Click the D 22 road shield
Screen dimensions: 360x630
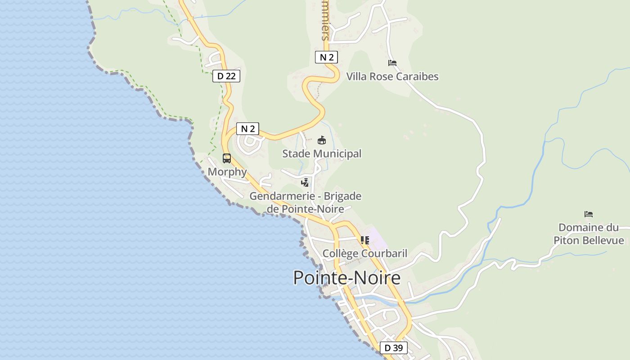click(226, 76)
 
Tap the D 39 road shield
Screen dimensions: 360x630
click(394, 348)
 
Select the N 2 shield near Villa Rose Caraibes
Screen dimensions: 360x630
click(326, 57)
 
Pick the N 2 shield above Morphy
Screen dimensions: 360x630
click(248, 129)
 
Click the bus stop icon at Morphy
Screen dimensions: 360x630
click(227, 158)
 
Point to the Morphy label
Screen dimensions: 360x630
click(227, 172)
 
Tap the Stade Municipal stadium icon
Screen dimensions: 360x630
click(322, 140)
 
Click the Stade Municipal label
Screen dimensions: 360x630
click(322, 154)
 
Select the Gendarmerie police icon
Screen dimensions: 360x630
click(305, 183)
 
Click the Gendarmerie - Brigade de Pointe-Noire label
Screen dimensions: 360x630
click(306, 202)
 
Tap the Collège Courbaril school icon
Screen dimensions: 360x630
click(364, 240)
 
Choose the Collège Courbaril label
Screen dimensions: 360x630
click(365, 253)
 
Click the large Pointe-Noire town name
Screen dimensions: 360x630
click(346, 278)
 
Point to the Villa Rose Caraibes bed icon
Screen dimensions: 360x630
click(392, 63)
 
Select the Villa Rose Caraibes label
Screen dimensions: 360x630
click(392, 76)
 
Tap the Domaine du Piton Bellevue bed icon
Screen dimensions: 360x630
click(589, 214)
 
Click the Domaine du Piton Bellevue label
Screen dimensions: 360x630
click(589, 234)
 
